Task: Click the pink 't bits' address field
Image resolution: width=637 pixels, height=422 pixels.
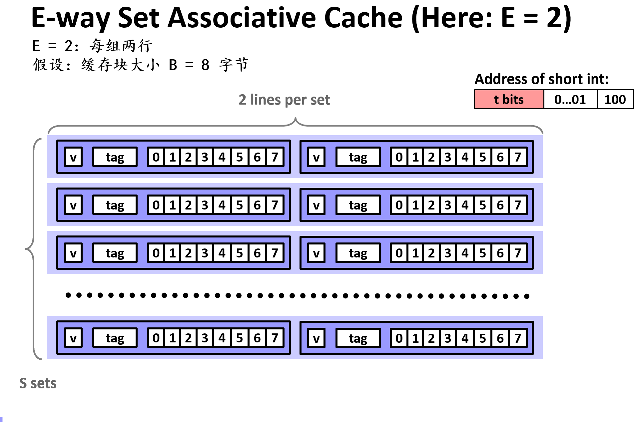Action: (509, 99)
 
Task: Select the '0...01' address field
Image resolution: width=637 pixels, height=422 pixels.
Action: (570, 99)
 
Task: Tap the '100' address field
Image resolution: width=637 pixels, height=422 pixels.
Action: (615, 99)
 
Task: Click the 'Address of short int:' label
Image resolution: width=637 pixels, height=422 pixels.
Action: (541, 79)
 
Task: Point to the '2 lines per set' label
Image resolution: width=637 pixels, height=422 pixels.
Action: (284, 100)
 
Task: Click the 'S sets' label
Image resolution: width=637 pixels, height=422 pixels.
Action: (38, 383)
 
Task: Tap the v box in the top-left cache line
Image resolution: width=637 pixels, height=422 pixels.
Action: (73, 157)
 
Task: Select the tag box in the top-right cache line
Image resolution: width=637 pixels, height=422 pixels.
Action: (358, 157)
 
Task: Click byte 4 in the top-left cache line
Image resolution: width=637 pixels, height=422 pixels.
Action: (222, 157)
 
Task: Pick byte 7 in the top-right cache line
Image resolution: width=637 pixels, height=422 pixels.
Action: (517, 157)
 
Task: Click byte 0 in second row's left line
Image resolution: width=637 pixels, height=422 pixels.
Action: (156, 205)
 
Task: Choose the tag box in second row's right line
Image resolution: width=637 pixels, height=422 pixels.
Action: (358, 205)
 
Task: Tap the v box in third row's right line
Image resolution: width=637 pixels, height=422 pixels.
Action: (316, 253)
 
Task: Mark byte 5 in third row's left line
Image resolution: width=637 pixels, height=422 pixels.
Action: (239, 253)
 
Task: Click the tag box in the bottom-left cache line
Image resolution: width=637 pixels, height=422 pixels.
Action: (115, 338)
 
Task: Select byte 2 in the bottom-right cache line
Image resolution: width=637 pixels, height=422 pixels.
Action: (431, 338)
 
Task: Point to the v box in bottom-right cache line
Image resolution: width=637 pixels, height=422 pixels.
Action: (316, 338)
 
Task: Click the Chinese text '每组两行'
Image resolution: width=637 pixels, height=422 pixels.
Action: (121, 46)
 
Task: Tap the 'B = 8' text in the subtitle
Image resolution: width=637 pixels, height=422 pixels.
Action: (189, 65)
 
